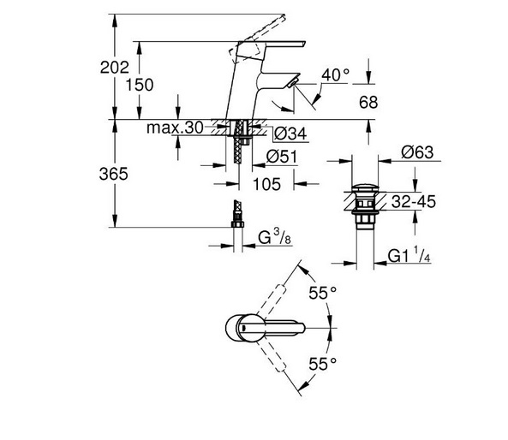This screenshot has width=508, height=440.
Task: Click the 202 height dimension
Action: pyautogui.click(x=115, y=68)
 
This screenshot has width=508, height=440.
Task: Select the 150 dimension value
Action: pyautogui.click(x=140, y=85)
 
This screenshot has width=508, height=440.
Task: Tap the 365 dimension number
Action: pyautogui.click(x=113, y=174)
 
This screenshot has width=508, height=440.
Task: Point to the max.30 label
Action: pyautogui.click(x=175, y=128)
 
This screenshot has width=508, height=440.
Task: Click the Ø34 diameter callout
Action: pyautogui.click(x=290, y=134)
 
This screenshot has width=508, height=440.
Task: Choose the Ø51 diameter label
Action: pyautogui.click(x=282, y=157)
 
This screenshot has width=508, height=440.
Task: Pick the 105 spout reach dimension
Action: pyautogui.click(x=266, y=184)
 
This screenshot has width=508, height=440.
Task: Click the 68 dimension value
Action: pyautogui.click(x=368, y=103)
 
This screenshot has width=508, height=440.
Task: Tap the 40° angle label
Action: pyautogui.click(x=335, y=74)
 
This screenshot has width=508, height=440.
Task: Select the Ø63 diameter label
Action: pyautogui.click(x=417, y=152)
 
